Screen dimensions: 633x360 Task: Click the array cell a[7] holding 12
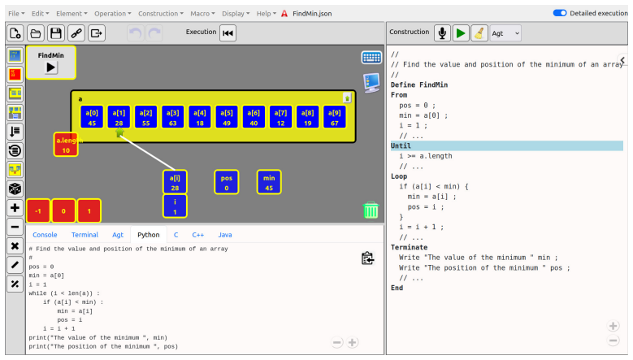tap(280, 117)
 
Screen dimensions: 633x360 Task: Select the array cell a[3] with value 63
tap(173, 117)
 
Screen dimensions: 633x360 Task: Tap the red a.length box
tap(66, 145)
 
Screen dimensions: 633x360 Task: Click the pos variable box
tap(227, 182)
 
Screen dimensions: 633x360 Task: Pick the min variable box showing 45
tap(269, 182)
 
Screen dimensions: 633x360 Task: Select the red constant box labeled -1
tap(38, 210)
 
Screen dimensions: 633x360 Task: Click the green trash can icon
tap(371, 210)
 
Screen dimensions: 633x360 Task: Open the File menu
tap(16, 13)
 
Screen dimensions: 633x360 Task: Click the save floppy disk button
tap(56, 33)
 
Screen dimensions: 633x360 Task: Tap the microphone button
tap(442, 33)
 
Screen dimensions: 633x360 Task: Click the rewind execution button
tap(228, 33)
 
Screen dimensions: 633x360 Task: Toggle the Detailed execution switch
tap(560, 13)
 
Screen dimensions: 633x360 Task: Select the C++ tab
tap(197, 235)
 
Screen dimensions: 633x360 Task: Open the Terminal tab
tap(85, 235)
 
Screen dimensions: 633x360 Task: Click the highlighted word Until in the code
tap(401, 145)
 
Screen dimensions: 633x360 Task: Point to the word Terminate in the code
tap(409, 247)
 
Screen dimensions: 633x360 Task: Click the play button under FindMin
tap(51, 67)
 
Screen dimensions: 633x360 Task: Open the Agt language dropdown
tap(505, 33)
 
